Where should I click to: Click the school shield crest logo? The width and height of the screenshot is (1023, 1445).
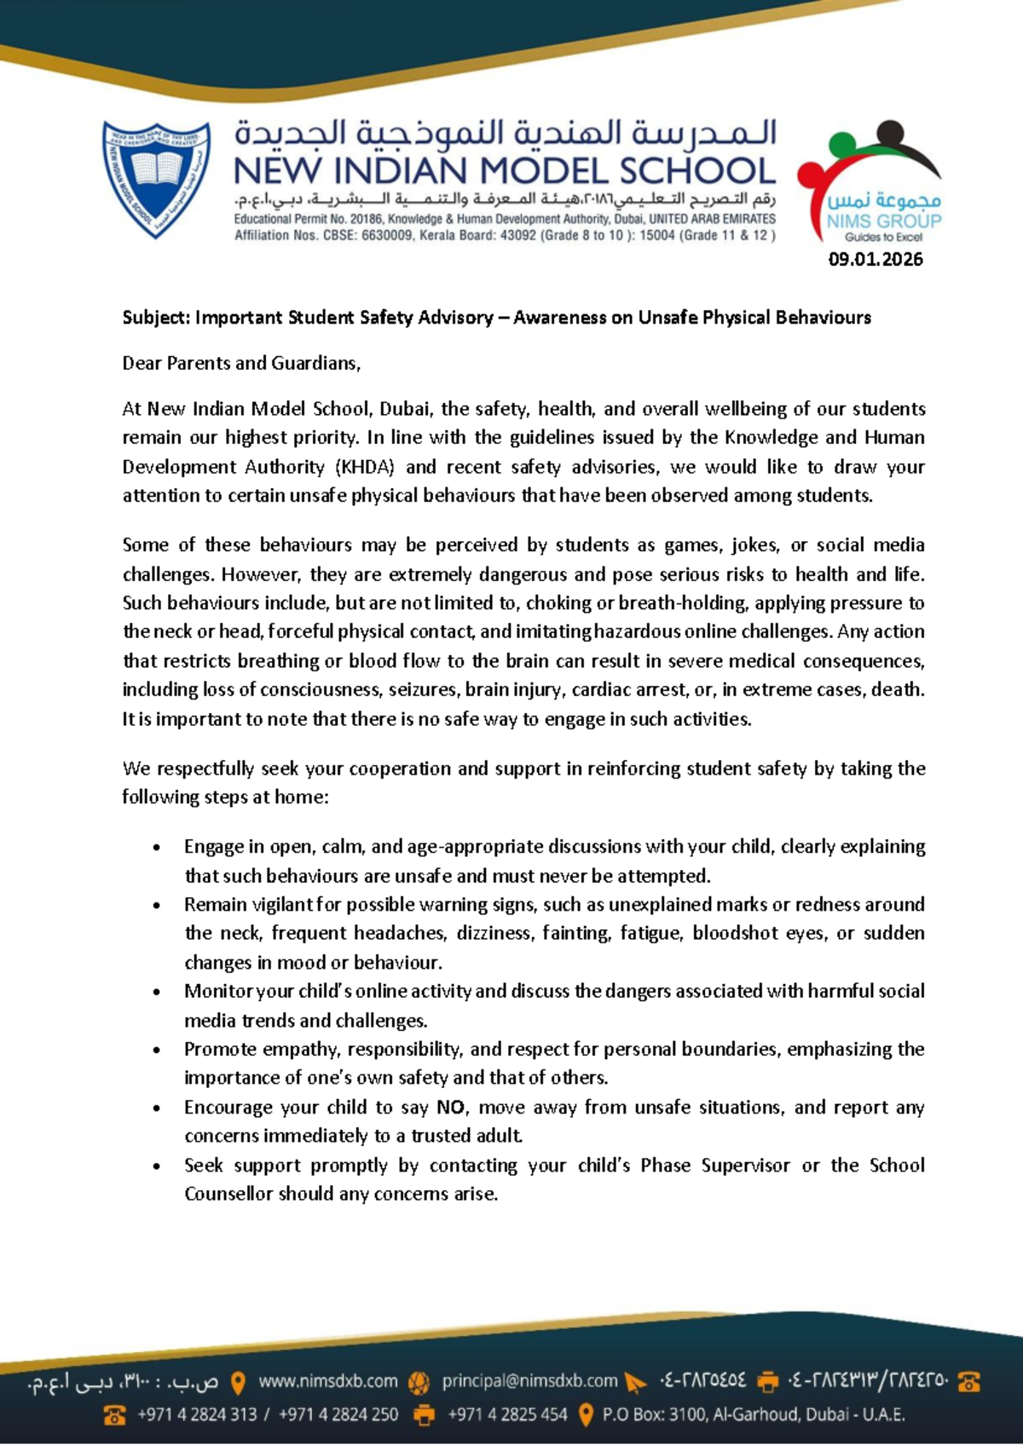(156, 178)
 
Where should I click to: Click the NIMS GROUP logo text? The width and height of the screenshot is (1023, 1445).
(883, 221)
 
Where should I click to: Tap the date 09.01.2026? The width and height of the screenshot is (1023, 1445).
(876, 260)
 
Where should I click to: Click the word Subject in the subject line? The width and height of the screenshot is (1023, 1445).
(155, 318)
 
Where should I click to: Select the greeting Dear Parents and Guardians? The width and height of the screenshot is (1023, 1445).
(241, 364)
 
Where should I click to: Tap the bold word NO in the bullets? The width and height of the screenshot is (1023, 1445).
(450, 1108)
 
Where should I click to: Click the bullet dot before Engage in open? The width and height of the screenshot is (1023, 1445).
(156, 848)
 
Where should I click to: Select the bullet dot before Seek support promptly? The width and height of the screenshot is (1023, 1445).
(156, 1166)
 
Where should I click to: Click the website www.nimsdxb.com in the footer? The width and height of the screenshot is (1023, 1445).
(328, 1381)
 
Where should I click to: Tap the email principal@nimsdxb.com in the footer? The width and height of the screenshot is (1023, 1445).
(529, 1381)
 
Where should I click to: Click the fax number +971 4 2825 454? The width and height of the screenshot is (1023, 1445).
(507, 1415)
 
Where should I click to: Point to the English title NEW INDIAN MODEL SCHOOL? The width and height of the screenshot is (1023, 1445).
(504, 171)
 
